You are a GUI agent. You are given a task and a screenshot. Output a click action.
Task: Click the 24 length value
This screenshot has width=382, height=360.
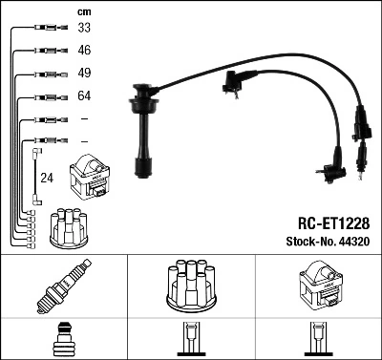[x=48, y=178]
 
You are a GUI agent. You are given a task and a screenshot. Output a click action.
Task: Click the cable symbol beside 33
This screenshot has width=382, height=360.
[x=47, y=28]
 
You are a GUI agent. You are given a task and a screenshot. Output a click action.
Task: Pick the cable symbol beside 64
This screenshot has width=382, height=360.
[x=47, y=95]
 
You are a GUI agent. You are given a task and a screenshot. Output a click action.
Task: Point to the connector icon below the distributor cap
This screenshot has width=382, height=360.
[x=190, y=340]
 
